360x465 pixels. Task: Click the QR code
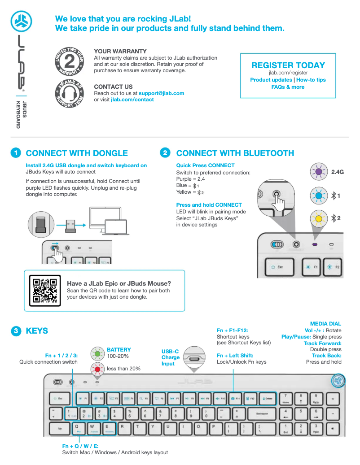[x=44, y=291]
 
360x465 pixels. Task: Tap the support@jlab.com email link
[x=162, y=93]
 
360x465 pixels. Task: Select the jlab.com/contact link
[x=132, y=100]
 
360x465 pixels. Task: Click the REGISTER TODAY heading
[x=288, y=65]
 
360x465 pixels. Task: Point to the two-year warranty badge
[x=69, y=61]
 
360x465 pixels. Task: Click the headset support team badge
[x=69, y=94]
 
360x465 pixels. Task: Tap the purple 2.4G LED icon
[x=319, y=171]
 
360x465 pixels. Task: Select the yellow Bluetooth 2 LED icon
[x=319, y=219]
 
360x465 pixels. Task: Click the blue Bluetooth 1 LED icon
[x=319, y=196]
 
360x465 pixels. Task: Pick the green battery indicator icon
[x=97, y=353]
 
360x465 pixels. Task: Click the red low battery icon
[x=97, y=369]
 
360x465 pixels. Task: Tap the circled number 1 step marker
[x=16, y=153]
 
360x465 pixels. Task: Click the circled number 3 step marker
[x=16, y=331]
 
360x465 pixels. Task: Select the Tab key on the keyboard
[x=59, y=428]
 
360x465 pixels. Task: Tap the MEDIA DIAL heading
[x=325, y=324]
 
